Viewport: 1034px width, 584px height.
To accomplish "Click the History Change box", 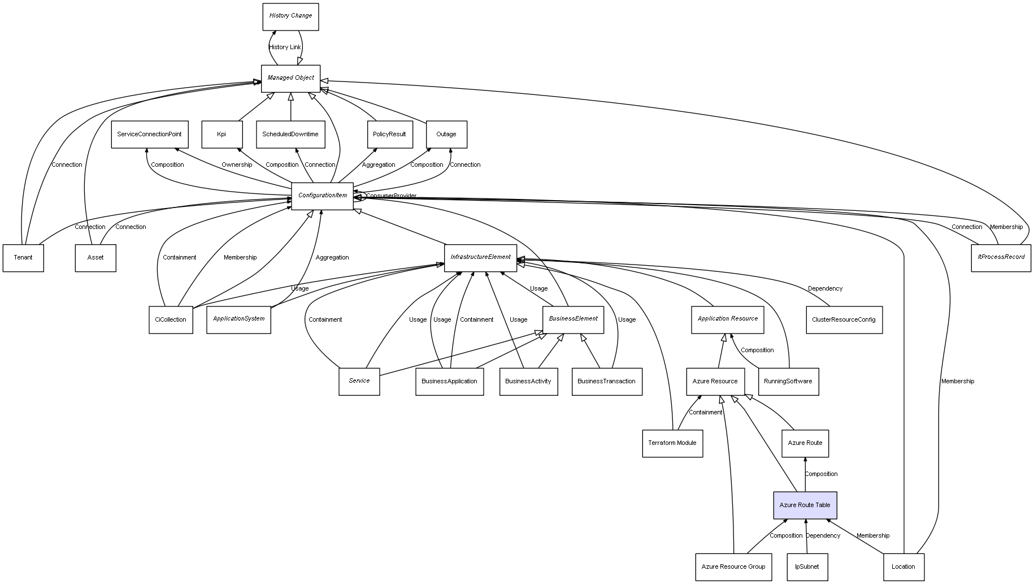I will tap(290, 16).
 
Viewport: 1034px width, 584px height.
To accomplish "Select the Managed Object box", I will tap(290, 78).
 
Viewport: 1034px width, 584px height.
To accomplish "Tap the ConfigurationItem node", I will tap(322, 196).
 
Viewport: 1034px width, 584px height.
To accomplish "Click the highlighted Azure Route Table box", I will tap(805, 505).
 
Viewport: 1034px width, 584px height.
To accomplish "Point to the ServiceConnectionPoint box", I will tap(149, 135).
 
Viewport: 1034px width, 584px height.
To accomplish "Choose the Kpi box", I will tap(221, 135).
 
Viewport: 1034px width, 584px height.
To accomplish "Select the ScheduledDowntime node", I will tap(290, 135).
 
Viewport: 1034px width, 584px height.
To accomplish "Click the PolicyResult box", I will tap(389, 135).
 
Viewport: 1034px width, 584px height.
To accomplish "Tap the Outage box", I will tap(446, 135).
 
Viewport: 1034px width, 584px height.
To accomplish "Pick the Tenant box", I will tap(23, 258).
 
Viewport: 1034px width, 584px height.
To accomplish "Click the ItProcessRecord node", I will tap(1001, 257).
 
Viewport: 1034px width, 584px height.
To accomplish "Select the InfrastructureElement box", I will tap(480, 257).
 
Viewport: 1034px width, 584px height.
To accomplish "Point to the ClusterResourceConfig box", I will tap(844, 319).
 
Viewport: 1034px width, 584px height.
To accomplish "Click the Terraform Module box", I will tap(672, 443).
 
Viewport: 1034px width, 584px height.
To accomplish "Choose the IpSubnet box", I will tap(807, 566).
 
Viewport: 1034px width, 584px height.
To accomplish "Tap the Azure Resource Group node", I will tap(733, 566).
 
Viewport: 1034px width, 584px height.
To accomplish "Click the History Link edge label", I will tap(285, 47).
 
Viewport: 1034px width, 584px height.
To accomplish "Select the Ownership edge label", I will tap(237, 165).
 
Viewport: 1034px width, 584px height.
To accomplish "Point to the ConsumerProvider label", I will tap(391, 196).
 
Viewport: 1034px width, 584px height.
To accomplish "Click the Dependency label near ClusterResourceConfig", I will tap(825, 289).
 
